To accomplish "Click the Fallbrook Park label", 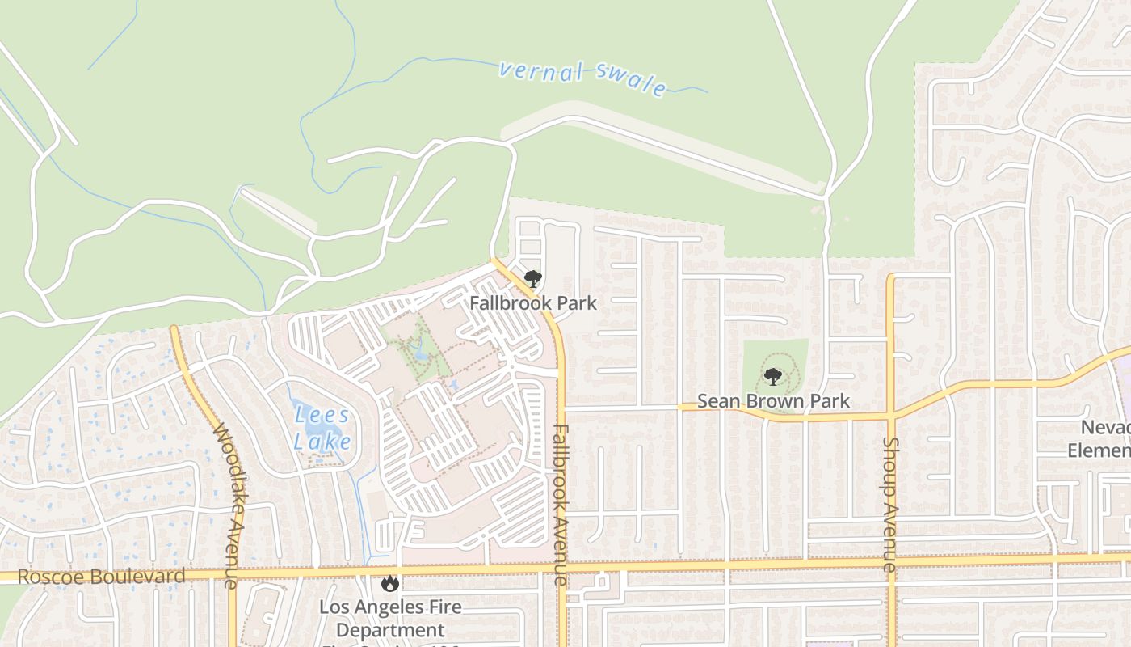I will coord(533,303).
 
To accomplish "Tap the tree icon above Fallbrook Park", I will coord(532,280).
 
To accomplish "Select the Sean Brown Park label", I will coord(773,400).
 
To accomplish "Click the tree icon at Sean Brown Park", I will coord(773,377).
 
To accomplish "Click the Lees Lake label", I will coord(322,429).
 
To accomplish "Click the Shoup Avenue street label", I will coord(890,505).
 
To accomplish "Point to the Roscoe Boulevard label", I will coord(101,577).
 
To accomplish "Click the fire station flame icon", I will coord(390,583).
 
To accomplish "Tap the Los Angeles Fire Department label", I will coord(390,618).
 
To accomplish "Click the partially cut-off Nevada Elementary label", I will coord(1100,438).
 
